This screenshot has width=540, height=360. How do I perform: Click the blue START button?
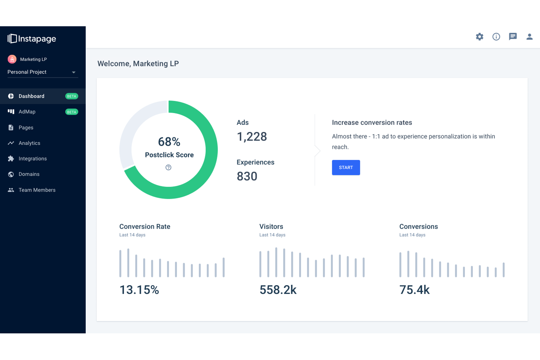[x=346, y=167]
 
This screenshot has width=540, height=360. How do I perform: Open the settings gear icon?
[x=479, y=36]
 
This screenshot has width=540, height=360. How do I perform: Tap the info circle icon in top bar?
[x=496, y=36]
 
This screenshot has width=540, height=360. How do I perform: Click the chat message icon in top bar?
[x=513, y=36]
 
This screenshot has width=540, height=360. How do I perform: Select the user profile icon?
[x=529, y=36]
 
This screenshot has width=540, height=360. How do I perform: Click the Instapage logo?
[x=32, y=39]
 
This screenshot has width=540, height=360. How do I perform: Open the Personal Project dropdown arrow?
[x=74, y=72]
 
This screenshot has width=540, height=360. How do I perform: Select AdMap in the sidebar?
[x=27, y=112]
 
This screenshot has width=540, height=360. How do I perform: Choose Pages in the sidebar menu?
[x=26, y=128]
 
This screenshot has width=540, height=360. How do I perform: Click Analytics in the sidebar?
[x=29, y=143]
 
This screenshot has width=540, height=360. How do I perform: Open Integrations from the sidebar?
[x=32, y=159]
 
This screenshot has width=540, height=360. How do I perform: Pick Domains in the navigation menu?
[x=29, y=174]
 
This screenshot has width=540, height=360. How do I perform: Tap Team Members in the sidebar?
[x=37, y=190]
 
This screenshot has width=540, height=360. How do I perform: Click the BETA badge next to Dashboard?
[x=72, y=96]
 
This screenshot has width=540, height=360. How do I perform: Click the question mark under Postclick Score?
[x=168, y=167]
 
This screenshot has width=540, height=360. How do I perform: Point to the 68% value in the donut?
[x=169, y=142]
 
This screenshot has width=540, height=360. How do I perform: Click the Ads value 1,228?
[x=252, y=137]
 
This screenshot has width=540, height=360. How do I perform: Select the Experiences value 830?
[x=247, y=177]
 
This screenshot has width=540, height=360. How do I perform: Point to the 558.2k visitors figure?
[x=278, y=290]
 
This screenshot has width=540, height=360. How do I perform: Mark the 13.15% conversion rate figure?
[x=139, y=290]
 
